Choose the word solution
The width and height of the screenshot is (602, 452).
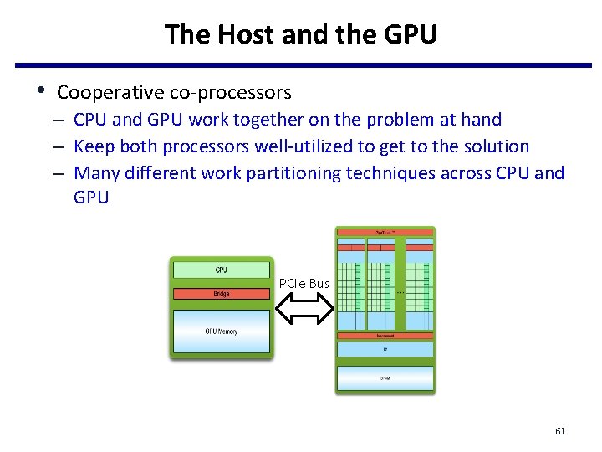pyautogui.click(x=494, y=146)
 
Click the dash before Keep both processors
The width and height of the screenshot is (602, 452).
pyautogui.click(x=62, y=146)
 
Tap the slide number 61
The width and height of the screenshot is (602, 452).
pyautogui.click(x=560, y=431)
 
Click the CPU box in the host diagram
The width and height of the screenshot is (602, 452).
pyautogui.click(x=222, y=270)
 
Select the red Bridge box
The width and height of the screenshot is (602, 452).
pyautogui.click(x=222, y=294)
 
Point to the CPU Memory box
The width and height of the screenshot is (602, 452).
pyautogui.click(x=222, y=331)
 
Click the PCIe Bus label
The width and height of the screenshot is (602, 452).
pyautogui.click(x=304, y=284)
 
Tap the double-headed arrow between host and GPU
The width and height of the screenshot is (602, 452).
pyautogui.click(x=304, y=310)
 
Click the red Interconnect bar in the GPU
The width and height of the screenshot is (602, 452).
pyautogui.click(x=385, y=336)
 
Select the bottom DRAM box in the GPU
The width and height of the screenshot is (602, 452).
pyautogui.click(x=385, y=378)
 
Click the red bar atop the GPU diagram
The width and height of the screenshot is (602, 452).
pyautogui.click(x=385, y=231)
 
